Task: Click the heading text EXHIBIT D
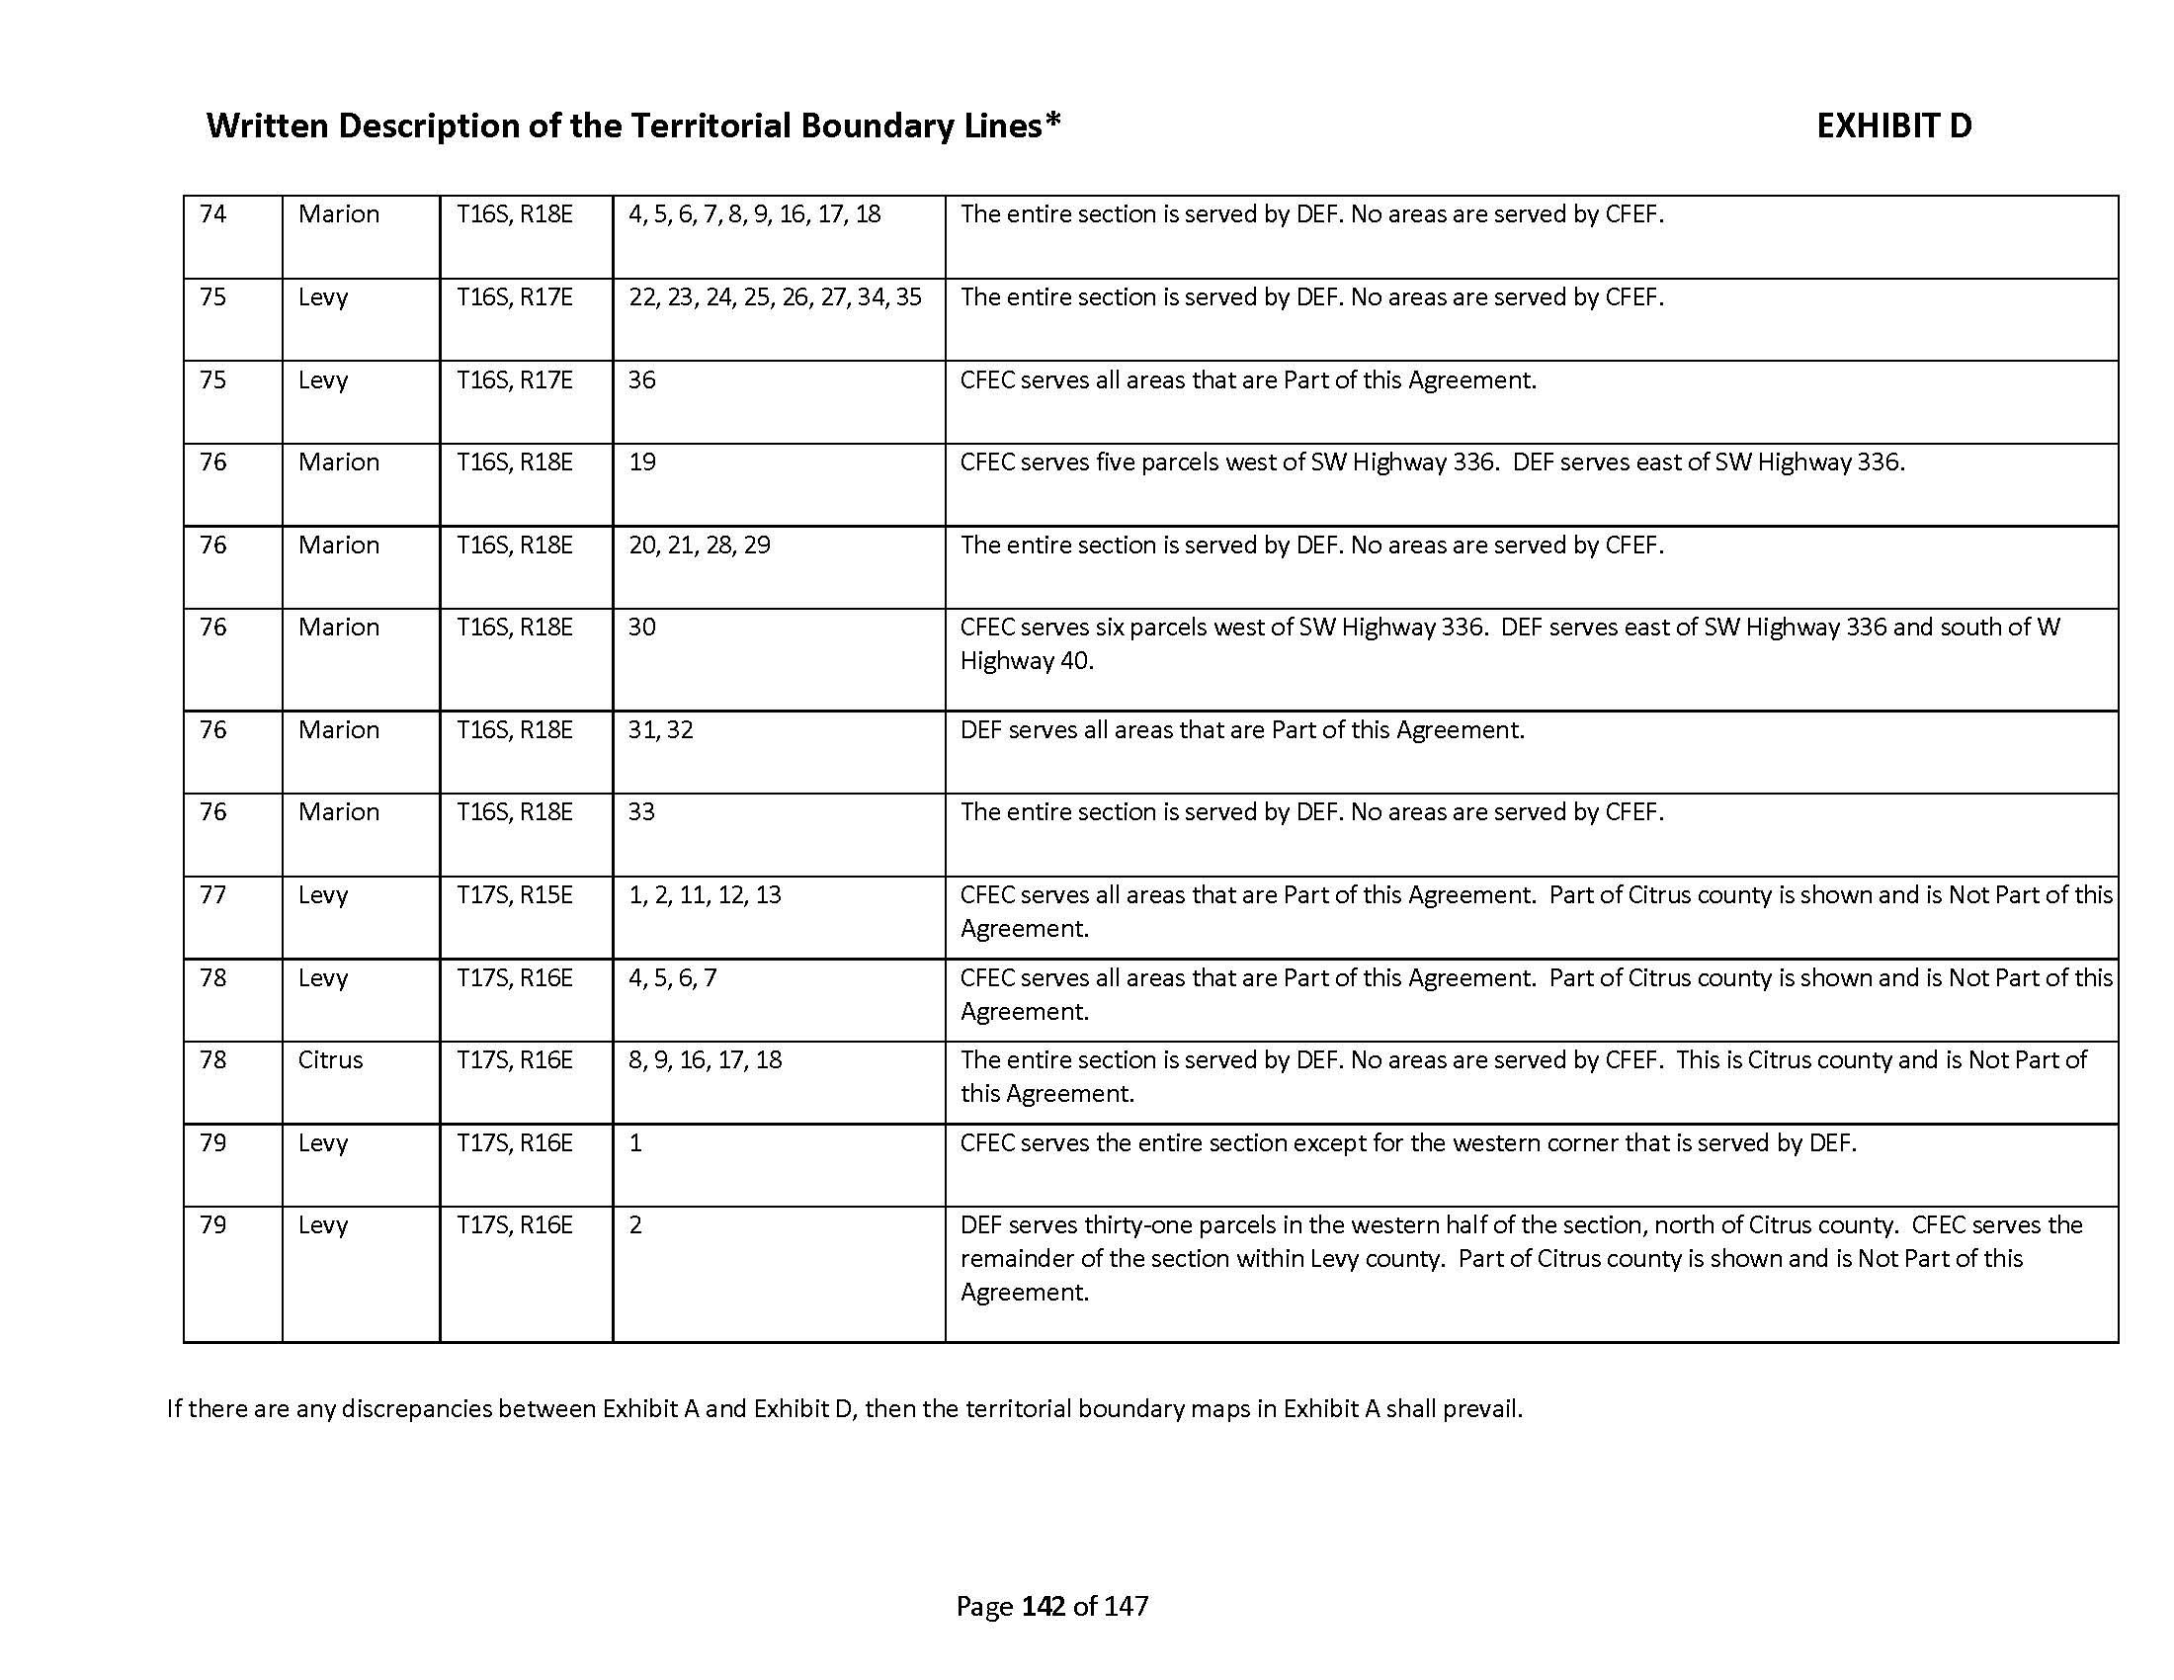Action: (x=1893, y=126)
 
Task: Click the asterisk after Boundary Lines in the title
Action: (x=1052, y=122)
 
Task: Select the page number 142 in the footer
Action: (x=1044, y=1605)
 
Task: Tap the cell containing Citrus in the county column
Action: (x=330, y=1060)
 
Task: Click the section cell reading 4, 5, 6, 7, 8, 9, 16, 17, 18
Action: (x=755, y=215)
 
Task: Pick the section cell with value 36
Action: (x=642, y=380)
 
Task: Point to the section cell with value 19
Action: (x=642, y=462)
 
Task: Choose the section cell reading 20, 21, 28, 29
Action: (x=699, y=546)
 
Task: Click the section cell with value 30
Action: (x=642, y=628)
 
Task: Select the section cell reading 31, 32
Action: (x=661, y=730)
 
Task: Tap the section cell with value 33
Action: (x=642, y=812)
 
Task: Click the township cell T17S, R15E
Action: (x=515, y=895)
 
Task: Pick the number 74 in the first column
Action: (x=213, y=215)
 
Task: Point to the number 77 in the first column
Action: (x=213, y=895)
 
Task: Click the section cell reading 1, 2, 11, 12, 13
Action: (x=705, y=895)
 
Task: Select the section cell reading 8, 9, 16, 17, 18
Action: (x=705, y=1060)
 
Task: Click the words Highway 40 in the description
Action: (x=1026, y=662)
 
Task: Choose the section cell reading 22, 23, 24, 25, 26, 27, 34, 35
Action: (x=775, y=297)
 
